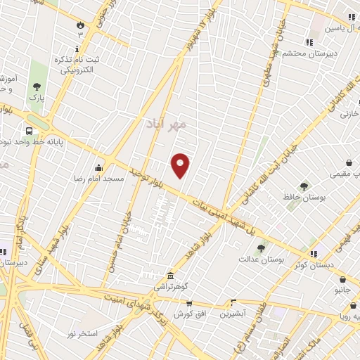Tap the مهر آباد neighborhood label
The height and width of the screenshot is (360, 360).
point(167,124)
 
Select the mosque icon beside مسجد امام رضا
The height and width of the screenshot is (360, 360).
point(98,167)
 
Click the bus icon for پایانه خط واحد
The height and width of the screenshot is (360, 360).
point(29,131)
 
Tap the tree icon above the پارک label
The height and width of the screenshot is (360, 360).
point(36,86)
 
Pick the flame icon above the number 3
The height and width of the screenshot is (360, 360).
point(81,25)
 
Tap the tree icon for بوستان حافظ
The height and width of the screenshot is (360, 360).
point(304,186)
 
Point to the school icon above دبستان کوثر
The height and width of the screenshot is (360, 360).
point(313,253)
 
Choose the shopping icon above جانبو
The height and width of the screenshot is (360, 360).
point(341,278)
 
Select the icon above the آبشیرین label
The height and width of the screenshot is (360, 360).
point(233,303)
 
